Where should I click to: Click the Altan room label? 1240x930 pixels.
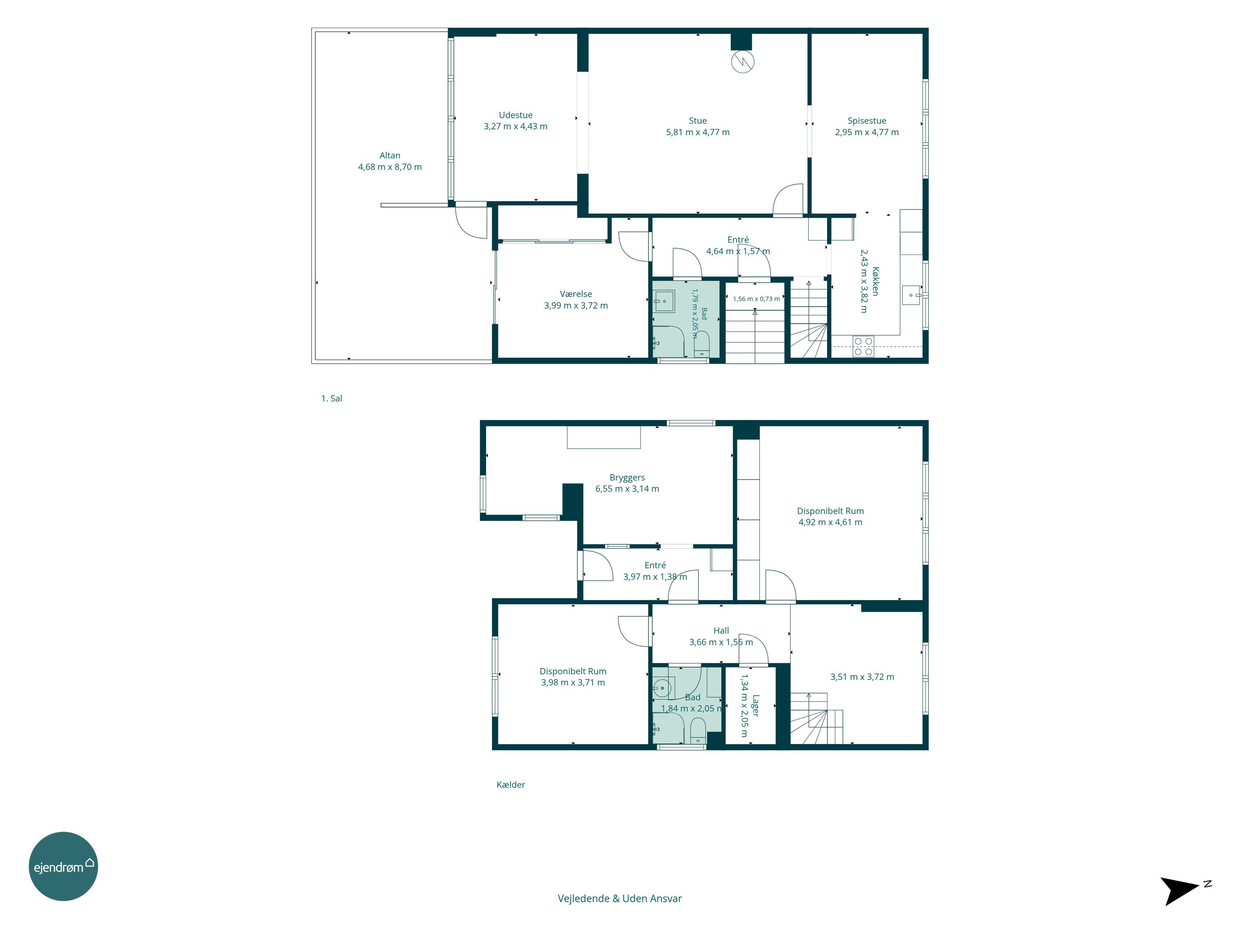[390, 155]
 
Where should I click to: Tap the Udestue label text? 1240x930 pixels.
[516, 115]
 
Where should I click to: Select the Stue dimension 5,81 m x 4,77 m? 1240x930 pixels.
[698, 132]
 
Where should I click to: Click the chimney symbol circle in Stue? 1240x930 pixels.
[743, 62]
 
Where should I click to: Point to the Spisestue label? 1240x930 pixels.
[867, 121]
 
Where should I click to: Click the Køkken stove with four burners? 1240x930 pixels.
[863, 346]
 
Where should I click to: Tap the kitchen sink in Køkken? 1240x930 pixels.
[911, 295]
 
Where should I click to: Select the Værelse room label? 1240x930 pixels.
[576, 294]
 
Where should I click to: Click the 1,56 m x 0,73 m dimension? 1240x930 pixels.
[756, 299]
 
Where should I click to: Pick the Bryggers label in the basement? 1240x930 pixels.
[627, 478]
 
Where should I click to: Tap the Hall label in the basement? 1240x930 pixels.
[721, 631]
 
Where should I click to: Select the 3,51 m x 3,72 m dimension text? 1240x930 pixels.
[862, 677]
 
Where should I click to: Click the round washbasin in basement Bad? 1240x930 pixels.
[663, 687]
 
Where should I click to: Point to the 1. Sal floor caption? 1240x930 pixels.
[331, 398]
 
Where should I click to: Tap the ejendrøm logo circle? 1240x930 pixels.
[63, 866]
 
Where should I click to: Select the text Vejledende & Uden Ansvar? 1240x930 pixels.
[620, 899]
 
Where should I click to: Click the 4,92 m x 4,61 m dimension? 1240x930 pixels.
[830, 522]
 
